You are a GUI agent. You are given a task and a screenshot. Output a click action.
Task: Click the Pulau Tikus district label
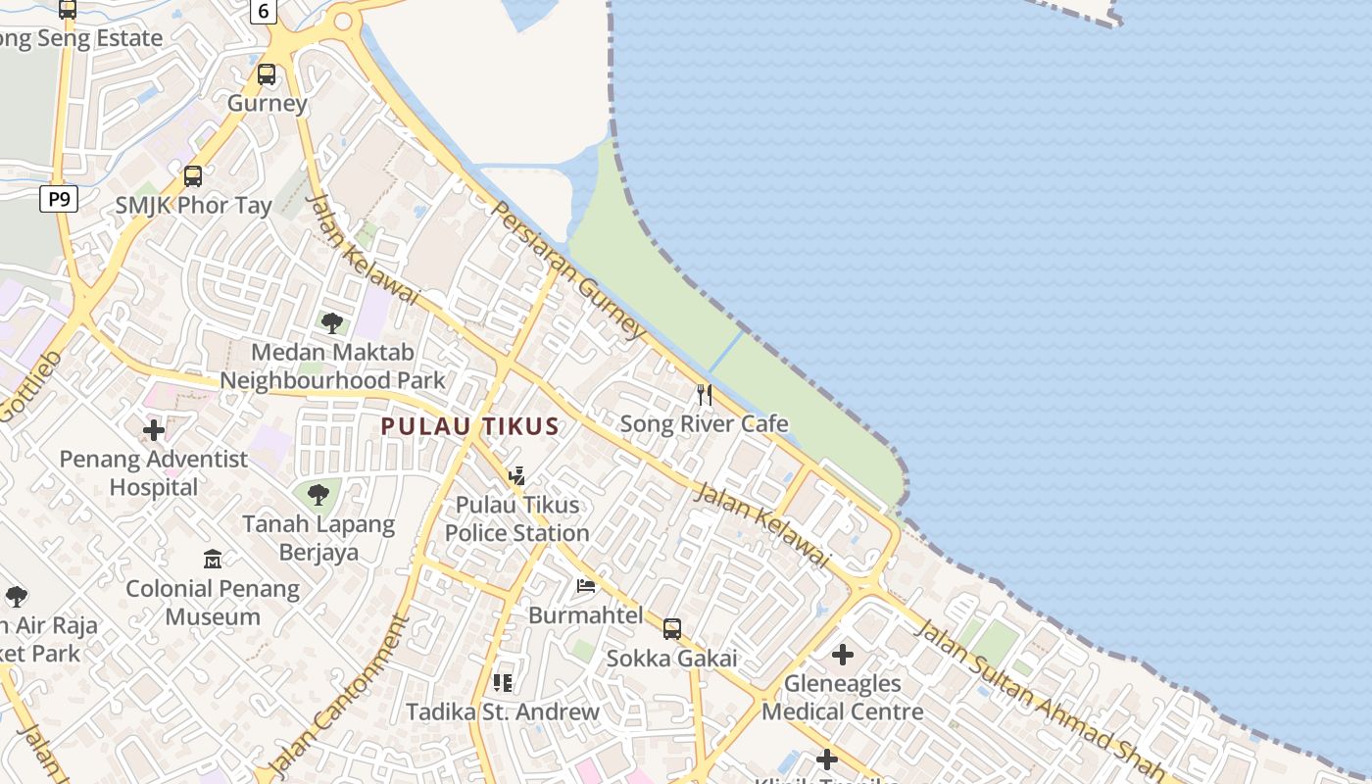coord(469,426)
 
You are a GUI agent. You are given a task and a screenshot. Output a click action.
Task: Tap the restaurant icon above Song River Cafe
coord(704,395)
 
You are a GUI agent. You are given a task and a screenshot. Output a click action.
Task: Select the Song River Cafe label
coord(704,424)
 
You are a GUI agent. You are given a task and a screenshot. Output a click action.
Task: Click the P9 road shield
coord(59,200)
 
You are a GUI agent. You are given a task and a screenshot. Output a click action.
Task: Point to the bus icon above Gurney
coord(267,74)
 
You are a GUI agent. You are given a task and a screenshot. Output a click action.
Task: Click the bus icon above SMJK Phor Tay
coord(193,176)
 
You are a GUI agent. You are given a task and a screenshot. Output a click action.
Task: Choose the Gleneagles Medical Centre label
coord(842,698)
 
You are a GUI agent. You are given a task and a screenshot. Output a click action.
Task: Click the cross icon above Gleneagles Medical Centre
coord(842,655)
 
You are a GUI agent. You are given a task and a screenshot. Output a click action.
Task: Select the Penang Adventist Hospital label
coord(154,472)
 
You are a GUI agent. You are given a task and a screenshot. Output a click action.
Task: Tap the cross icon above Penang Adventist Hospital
coord(154,430)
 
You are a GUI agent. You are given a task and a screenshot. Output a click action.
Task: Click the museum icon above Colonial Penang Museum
coord(213,560)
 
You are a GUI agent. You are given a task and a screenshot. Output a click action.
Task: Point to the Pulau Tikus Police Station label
coord(517,518)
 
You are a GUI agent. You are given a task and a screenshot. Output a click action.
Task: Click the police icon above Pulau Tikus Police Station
coord(516,476)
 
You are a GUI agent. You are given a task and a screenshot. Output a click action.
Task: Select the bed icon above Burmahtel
coord(586,586)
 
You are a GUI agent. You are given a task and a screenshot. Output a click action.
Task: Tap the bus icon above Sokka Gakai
coord(671,629)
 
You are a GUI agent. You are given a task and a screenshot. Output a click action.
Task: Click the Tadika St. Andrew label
coord(503,711)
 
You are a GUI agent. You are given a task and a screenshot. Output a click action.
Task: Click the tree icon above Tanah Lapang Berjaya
coord(318,495)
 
